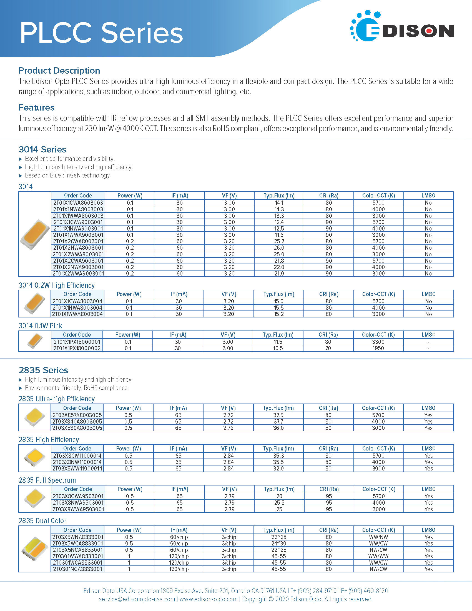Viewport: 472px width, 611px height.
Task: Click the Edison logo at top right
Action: (401, 26)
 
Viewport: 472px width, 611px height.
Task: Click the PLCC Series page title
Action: (101, 33)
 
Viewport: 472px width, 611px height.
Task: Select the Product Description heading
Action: (59, 71)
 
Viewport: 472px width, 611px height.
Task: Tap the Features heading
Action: (37, 107)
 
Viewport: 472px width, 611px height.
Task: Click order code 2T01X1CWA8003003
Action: (78, 203)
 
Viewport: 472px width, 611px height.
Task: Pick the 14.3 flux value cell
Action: (279, 209)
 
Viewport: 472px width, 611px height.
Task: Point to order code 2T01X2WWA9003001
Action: (78, 274)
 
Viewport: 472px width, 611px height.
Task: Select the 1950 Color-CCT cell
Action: (378, 348)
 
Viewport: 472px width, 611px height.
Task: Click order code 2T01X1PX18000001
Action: (77, 342)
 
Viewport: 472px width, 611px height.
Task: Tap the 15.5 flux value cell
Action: (279, 308)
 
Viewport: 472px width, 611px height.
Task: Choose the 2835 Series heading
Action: (43, 370)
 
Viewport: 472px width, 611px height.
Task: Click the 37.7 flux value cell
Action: (278, 422)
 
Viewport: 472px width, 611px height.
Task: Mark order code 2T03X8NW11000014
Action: (77, 462)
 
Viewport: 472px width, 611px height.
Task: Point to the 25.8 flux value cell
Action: (279, 503)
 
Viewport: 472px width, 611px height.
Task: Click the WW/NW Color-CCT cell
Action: (378, 537)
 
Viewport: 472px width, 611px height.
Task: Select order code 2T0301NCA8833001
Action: (77, 569)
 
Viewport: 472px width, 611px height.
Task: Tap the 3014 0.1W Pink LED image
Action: (35, 341)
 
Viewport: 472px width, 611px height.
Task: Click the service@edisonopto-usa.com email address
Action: (137, 599)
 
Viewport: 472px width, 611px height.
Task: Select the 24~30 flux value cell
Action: (279, 544)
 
